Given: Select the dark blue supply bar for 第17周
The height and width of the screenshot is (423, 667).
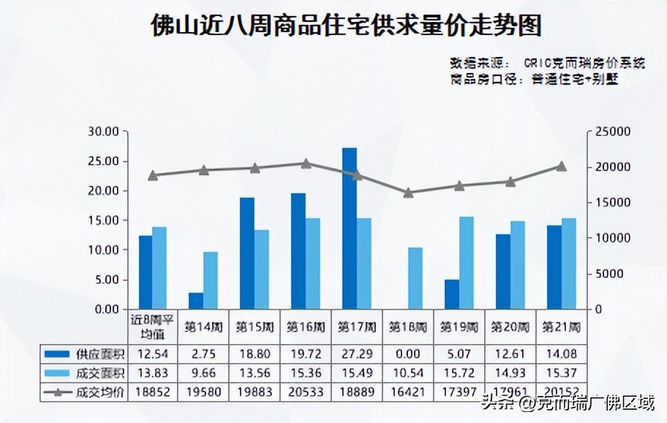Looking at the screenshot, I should point(350,228).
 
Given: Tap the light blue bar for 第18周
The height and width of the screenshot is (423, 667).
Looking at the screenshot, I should point(415,278).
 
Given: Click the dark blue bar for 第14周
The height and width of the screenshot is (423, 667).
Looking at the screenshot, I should point(196,301).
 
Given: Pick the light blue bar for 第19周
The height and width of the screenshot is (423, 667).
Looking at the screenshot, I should point(466,263).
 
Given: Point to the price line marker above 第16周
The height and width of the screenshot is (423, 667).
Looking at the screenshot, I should point(306,164).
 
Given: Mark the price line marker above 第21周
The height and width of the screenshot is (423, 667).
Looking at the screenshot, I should point(561,166).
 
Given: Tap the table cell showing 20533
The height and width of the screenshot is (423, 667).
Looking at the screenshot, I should point(306,392).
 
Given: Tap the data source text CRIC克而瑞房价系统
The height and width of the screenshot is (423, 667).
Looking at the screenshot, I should point(585,64).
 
